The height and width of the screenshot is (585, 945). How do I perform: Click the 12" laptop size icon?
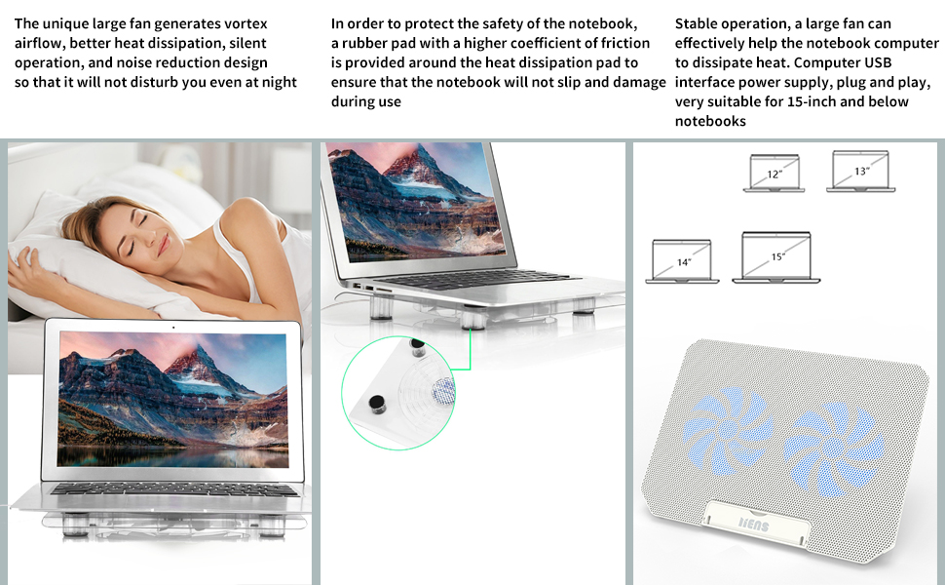[x=775, y=173]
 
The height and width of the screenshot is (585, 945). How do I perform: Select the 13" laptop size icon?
[x=858, y=171]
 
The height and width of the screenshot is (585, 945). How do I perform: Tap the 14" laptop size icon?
[x=682, y=261]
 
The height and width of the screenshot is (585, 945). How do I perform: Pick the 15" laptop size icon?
[x=775, y=257]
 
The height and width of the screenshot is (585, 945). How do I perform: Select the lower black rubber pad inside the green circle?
[x=374, y=401]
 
